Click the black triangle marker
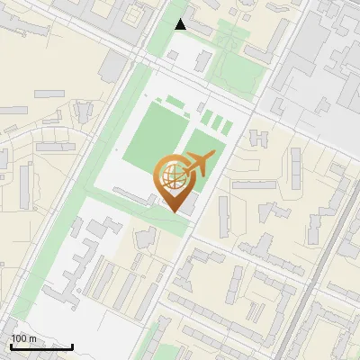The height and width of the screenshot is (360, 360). tap(181, 24)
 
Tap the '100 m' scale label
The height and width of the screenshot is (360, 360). tap(23, 338)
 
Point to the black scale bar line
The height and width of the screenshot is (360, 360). tap(41, 346)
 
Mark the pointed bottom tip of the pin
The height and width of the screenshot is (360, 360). tap(174, 211)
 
